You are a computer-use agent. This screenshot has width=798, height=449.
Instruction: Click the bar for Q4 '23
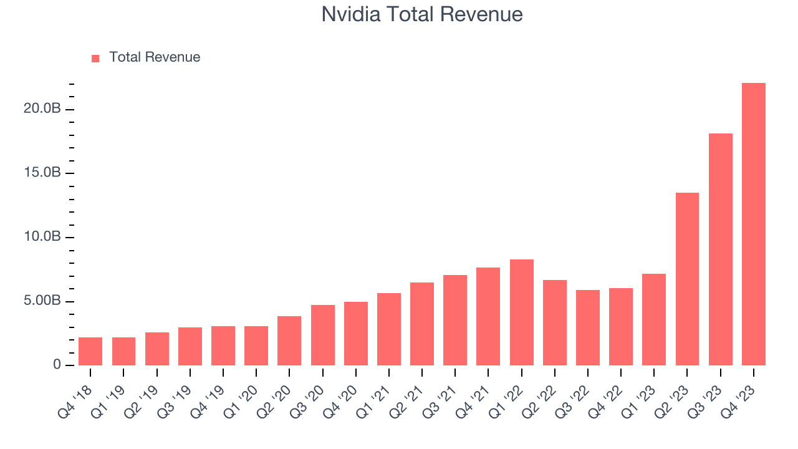[753, 224]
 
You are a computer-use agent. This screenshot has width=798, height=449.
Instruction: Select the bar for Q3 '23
[720, 249]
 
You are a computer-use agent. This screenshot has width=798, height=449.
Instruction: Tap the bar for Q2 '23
[687, 279]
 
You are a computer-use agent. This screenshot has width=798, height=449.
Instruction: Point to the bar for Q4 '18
[90, 351]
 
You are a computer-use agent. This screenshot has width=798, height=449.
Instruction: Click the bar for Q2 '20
[289, 340]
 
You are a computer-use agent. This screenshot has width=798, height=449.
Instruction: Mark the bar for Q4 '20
[355, 334]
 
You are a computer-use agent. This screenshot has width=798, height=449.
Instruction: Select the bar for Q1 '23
[654, 319]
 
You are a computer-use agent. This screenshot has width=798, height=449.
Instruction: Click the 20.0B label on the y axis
[42, 109]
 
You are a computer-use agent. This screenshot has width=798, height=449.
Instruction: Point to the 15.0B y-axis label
[42, 173]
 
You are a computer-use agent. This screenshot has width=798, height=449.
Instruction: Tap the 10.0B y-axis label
[42, 237]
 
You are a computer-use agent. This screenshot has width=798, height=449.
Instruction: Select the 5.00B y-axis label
[42, 301]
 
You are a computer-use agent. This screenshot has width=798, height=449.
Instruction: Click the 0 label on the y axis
[57, 365]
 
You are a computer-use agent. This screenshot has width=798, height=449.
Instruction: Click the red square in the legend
[95, 59]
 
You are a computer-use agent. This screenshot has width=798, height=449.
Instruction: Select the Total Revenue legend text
[155, 57]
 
